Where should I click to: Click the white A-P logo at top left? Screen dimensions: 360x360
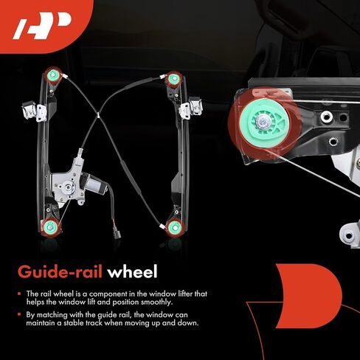pyautogui.click(x=42, y=26)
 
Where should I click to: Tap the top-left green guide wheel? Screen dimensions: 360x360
pyautogui.click(x=53, y=75)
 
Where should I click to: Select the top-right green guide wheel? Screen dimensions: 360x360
pyautogui.click(x=174, y=79)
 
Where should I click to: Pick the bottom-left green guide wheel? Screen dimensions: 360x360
pyautogui.click(x=50, y=227)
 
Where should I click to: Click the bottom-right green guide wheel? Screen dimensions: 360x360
pyautogui.click(x=175, y=228)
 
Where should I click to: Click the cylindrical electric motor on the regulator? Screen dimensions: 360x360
pyautogui.click(x=94, y=184)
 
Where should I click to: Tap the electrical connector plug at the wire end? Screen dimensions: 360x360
pyautogui.click(x=117, y=232)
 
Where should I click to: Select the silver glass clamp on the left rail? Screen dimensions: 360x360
pyautogui.click(x=34, y=111)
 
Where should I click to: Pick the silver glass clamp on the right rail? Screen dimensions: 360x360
pyautogui.click(x=191, y=108)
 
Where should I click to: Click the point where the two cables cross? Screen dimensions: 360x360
pyautogui.click(x=98, y=115)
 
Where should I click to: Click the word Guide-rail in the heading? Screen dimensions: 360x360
pyautogui.click(x=60, y=272)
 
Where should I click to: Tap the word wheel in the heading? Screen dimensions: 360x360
pyautogui.click(x=132, y=271)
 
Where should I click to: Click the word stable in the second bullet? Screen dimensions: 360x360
pyautogui.click(x=74, y=322)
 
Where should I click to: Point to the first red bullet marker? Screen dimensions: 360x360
pyautogui.click(x=19, y=294)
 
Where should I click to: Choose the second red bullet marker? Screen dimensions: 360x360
pyautogui.click(x=19, y=314)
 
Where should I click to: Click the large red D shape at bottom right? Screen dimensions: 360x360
pyautogui.click(x=308, y=296)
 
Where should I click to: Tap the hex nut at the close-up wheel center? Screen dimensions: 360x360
pyautogui.click(x=261, y=122)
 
